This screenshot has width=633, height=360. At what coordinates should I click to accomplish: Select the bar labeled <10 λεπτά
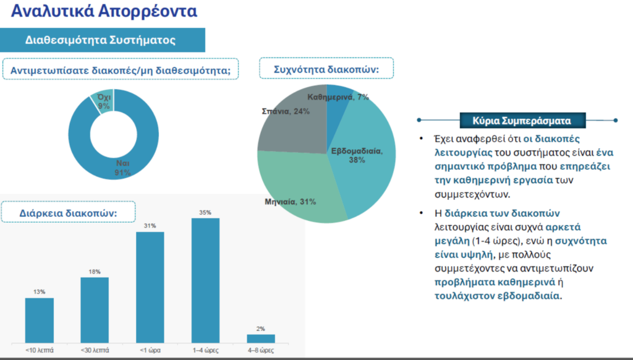point(40,320)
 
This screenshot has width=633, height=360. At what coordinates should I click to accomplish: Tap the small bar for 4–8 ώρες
point(261,338)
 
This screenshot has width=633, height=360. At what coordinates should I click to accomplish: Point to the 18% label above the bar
point(95,272)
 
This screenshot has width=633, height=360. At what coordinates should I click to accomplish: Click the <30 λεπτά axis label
point(95,349)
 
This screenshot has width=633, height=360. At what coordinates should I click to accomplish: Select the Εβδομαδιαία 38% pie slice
point(365,161)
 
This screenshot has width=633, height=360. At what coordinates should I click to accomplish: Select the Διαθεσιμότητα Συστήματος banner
point(101,40)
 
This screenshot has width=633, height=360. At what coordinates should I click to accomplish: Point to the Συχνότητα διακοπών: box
point(326,69)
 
